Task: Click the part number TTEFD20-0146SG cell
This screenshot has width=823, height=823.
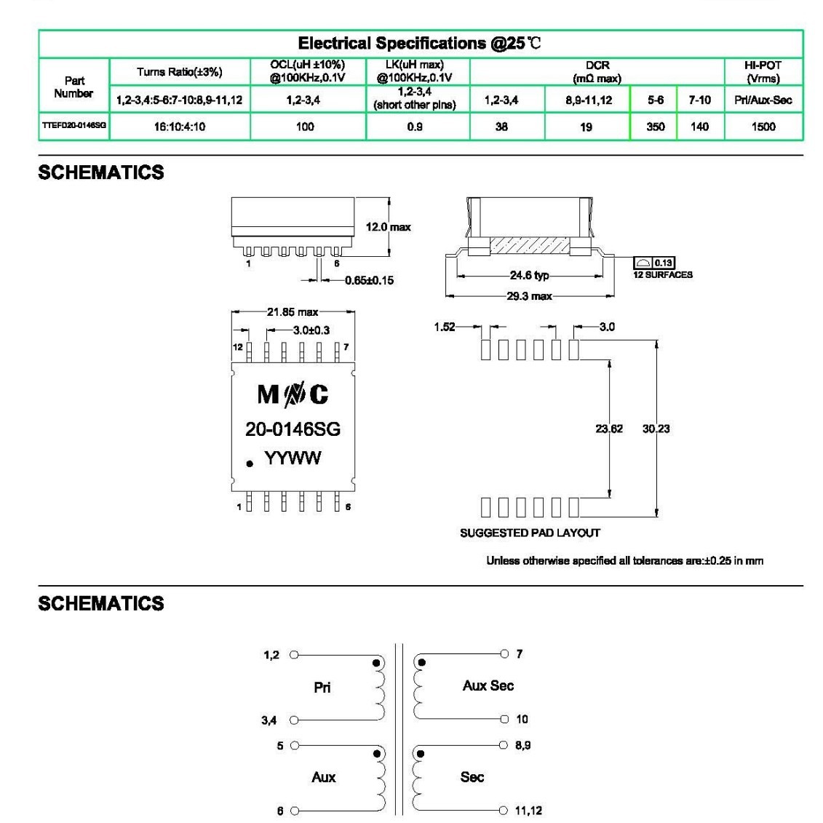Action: (x=73, y=127)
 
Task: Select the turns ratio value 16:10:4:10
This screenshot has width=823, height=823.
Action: (x=179, y=127)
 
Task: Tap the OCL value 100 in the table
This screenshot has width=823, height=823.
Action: (x=305, y=127)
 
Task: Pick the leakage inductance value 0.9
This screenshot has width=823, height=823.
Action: (x=415, y=127)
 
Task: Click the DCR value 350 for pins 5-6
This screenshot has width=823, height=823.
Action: (x=656, y=127)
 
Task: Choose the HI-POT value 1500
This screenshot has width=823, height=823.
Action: (x=763, y=127)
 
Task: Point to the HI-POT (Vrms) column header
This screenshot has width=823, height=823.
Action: (x=763, y=71)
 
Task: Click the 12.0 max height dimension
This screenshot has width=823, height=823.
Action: (x=388, y=227)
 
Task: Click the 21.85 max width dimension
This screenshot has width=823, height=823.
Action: (x=292, y=312)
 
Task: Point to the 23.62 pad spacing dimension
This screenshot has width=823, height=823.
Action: (x=609, y=429)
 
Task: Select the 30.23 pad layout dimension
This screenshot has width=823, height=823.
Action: (x=656, y=429)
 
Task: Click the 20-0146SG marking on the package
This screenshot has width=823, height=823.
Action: (x=293, y=429)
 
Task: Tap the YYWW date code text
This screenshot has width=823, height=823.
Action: (x=293, y=458)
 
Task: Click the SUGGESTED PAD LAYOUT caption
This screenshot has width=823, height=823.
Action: (x=530, y=533)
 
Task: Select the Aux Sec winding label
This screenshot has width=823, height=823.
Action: (x=488, y=685)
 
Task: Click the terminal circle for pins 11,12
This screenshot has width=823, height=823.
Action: (x=504, y=810)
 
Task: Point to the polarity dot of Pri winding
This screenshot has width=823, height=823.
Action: (x=377, y=663)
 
